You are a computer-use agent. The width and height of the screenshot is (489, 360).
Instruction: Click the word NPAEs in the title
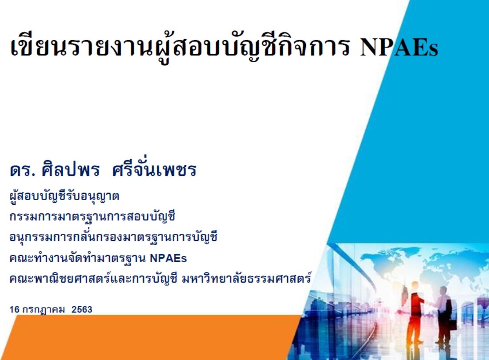pyautogui.click(x=399, y=47)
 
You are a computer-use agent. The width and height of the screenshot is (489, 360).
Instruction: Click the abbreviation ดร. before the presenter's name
pyautogui.click(x=22, y=170)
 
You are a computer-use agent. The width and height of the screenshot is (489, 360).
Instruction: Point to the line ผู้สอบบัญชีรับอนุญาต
pyautogui.click(x=64, y=196)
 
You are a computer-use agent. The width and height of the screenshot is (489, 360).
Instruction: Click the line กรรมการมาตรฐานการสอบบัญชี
pyautogui.click(x=92, y=216)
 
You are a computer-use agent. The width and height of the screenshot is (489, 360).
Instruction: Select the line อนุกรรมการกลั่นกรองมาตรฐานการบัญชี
pyautogui.click(x=113, y=237)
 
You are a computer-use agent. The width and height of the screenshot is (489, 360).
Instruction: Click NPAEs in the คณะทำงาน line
pyautogui.click(x=168, y=258)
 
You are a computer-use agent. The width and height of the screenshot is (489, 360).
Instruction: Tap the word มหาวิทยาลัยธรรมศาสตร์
pyautogui.click(x=246, y=278)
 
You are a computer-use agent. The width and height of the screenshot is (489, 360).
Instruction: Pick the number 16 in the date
pyautogui.click(x=14, y=309)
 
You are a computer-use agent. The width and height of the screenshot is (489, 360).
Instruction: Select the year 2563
pyautogui.click(x=82, y=309)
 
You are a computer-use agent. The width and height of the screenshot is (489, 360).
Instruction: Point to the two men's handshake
pyautogui.click(x=431, y=303)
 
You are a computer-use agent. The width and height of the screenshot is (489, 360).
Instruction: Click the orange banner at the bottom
pyautogui.click(x=150, y=338)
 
